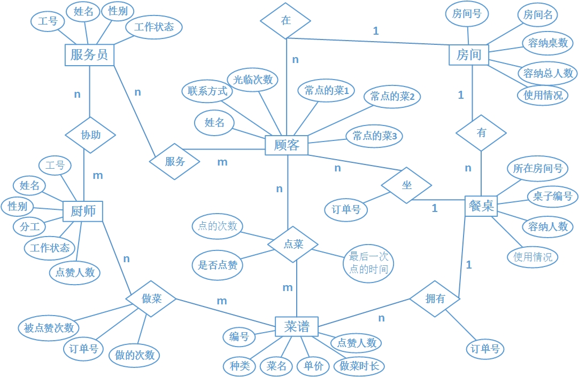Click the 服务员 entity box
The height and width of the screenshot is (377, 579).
(x=89, y=54)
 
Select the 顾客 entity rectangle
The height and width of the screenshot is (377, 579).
(x=287, y=145)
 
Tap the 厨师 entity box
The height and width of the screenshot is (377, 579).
(x=83, y=211)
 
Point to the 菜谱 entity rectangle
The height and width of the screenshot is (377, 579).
(x=297, y=326)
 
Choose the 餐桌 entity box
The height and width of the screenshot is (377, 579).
(x=482, y=206)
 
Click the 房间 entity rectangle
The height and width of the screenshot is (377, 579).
(x=469, y=54)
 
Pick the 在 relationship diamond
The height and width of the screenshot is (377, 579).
(x=286, y=20)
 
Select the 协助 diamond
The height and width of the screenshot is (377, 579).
(x=90, y=135)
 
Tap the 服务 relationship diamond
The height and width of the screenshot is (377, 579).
(x=175, y=161)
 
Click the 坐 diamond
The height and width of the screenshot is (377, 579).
(x=407, y=185)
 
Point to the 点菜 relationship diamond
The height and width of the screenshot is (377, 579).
(x=293, y=245)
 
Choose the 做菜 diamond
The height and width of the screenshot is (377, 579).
(x=151, y=299)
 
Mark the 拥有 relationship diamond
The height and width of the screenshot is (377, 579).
(x=435, y=299)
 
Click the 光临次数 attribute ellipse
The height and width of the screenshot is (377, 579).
(x=253, y=80)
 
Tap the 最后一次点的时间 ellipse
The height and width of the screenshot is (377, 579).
(x=368, y=263)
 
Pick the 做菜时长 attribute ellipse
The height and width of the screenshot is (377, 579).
(x=359, y=366)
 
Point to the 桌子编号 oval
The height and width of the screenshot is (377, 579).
(x=552, y=196)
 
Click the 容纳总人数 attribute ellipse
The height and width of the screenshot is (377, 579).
(x=548, y=73)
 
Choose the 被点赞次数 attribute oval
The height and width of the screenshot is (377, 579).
(x=49, y=328)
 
